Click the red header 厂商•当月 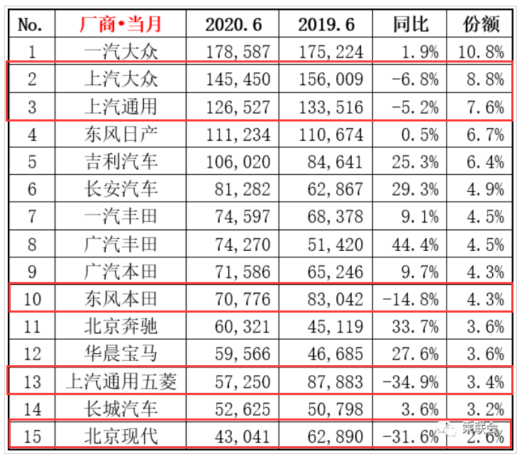(x=120, y=24)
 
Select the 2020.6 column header (x=233, y=24)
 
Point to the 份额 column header (x=482, y=24)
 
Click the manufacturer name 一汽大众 (x=120, y=51)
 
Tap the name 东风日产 (x=120, y=134)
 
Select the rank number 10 (x=32, y=299)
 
